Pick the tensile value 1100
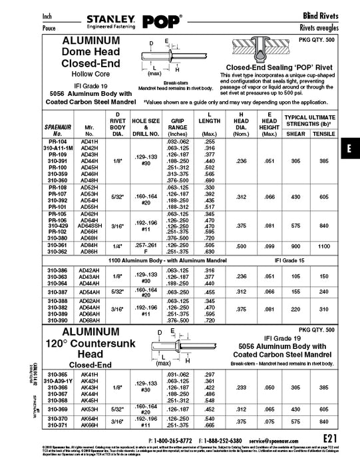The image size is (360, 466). (324, 246)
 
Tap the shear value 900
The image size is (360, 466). (294, 246)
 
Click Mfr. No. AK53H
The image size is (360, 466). (88, 409)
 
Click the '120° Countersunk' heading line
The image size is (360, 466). (90, 345)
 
